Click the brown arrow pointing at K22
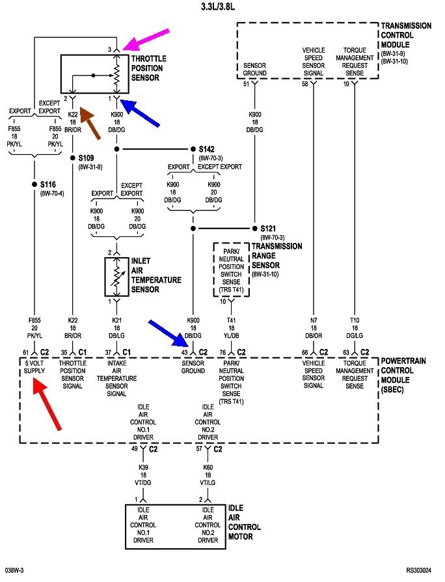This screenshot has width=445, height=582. tap(90, 122)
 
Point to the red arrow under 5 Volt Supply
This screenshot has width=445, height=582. tap(47, 404)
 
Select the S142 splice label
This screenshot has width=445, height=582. tap(206, 149)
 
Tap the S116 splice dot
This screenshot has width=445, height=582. tap(34, 184)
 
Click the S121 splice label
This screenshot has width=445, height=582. tap(268, 229)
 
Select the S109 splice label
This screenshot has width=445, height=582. tap(86, 158)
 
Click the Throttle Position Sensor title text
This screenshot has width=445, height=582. tap(149, 68)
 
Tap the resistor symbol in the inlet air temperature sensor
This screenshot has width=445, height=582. tap(117, 276)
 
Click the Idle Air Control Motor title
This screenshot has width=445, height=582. tap(244, 522)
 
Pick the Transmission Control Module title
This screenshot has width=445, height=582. tap(406, 35)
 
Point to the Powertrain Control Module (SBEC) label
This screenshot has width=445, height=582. tap(403, 375)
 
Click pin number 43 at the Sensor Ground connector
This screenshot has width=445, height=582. tap(184, 352)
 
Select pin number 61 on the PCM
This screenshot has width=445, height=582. tap(25, 352)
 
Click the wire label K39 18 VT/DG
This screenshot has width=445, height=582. tap(143, 475)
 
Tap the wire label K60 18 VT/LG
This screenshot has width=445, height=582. tap(208, 475)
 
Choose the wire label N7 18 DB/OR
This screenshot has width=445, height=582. tap(314, 328)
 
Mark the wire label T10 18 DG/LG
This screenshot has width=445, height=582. tap(355, 328)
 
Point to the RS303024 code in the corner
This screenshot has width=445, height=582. tap(419, 570)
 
